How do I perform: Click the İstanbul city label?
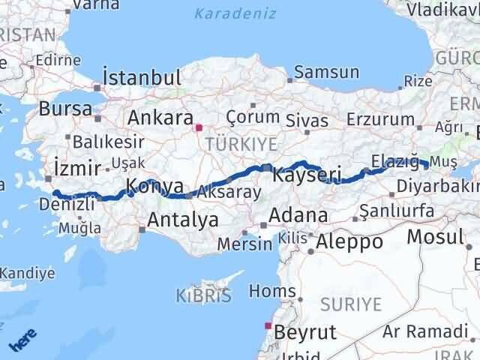click(142, 78)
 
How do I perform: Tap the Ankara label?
click(160, 118)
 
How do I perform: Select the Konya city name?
click(154, 186)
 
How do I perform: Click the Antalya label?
click(183, 220)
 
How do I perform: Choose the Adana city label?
click(298, 215)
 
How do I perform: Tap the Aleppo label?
click(349, 241)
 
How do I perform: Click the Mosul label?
click(435, 238)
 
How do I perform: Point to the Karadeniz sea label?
click(235, 13)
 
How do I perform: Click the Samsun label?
click(327, 73)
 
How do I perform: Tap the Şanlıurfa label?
click(397, 211)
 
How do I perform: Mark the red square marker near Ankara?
click(199, 127)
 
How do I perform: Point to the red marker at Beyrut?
click(268, 325)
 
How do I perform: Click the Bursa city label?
click(66, 108)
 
